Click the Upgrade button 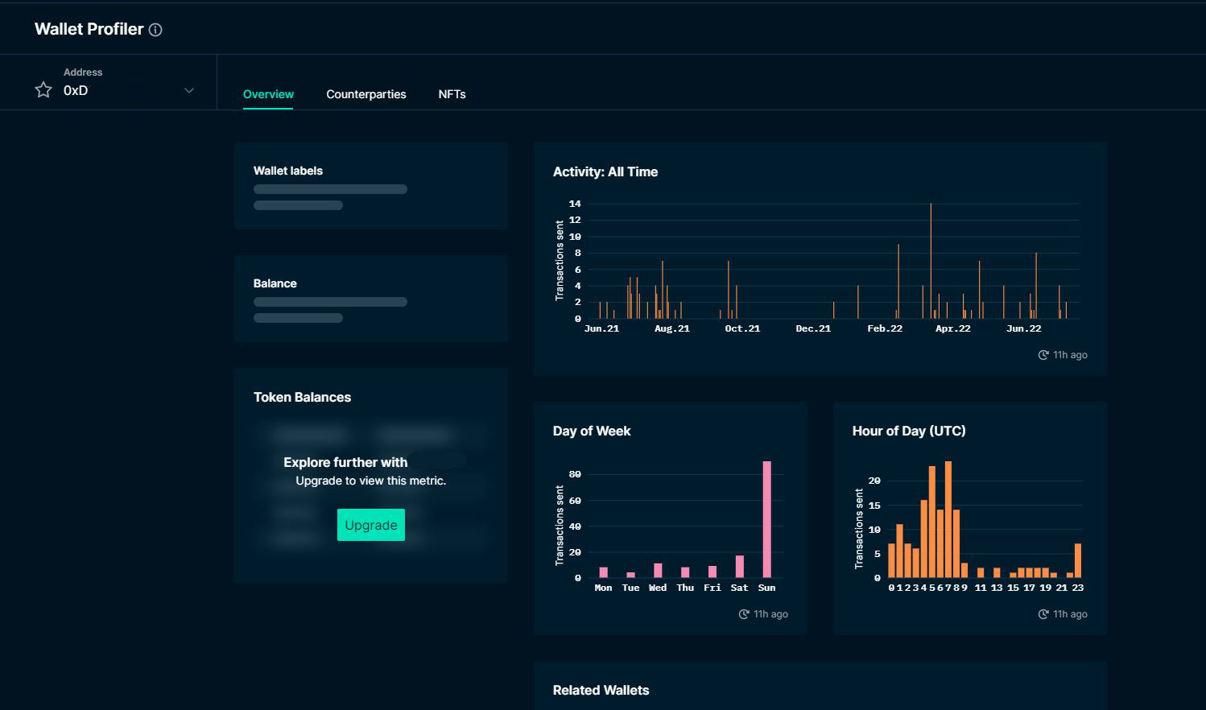coord(370,525)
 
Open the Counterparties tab coord(366,94)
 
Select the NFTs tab coord(452,94)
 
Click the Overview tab coord(268,94)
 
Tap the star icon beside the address coord(43,89)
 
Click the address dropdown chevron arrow coord(189,90)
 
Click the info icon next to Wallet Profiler coord(155,30)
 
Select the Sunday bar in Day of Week coord(766,519)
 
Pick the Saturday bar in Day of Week coord(739,567)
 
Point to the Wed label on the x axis coord(658,588)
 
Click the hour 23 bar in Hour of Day coord(1078,560)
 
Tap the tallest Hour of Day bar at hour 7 coord(948,519)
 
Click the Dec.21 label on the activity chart coord(813,328)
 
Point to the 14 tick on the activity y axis coord(575,204)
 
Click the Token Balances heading coord(302,397)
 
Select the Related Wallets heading coord(601,690)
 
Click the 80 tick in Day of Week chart coord(575,474)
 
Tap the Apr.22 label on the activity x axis coord(953,328)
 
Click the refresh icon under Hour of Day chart coord(1043,614)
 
